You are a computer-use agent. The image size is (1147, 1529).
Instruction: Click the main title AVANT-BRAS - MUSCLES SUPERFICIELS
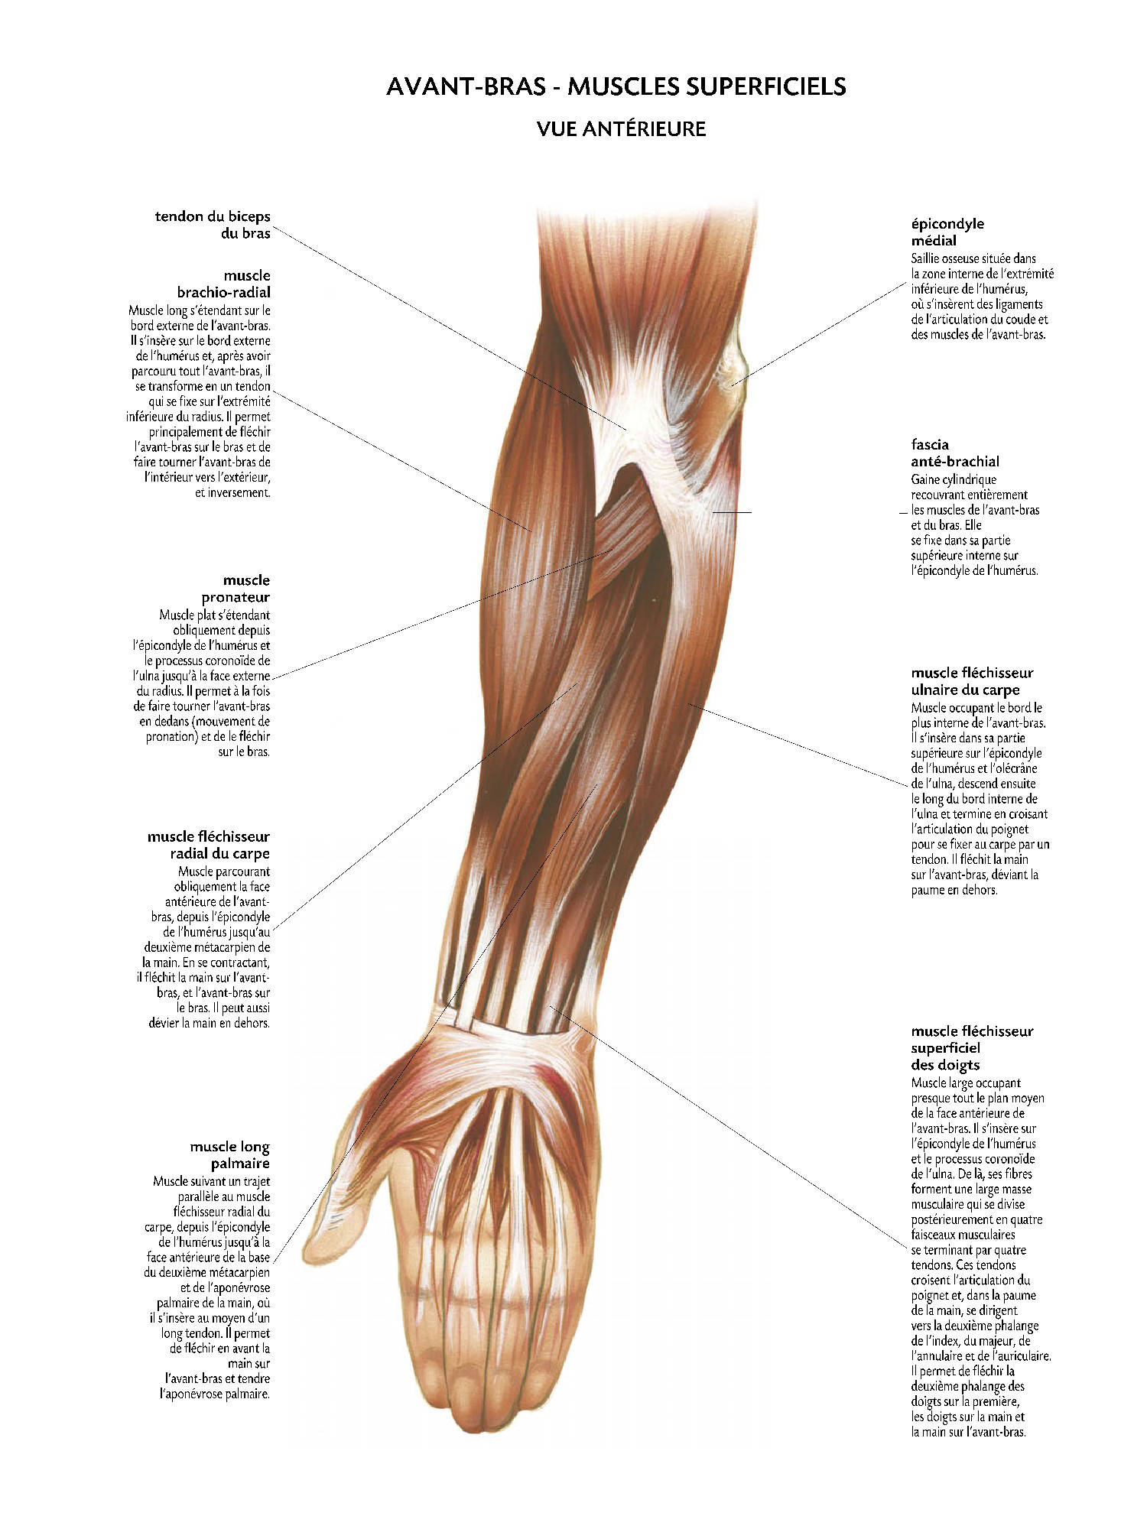point(616,86)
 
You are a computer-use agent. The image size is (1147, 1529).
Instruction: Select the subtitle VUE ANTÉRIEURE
point(621,129)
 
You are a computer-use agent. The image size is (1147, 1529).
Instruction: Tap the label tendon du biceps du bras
point(213,225)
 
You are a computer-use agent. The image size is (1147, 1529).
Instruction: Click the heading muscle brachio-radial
point(223,284)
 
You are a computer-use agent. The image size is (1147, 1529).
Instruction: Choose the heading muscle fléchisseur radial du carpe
point(209,845)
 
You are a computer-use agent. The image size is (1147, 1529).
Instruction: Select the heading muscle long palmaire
point(230,1155)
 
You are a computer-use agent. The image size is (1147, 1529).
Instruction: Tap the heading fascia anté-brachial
point(955,453)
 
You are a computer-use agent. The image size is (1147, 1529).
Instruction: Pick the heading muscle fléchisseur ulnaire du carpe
point(972,681)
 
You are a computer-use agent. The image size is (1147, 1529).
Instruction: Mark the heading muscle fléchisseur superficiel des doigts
point(972,1047)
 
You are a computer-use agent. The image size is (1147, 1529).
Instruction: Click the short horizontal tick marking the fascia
point(732,511)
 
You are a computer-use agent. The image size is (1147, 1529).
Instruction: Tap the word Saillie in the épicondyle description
point(926,258)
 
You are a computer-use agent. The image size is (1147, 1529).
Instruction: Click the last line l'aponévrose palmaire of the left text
point(215,1394)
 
